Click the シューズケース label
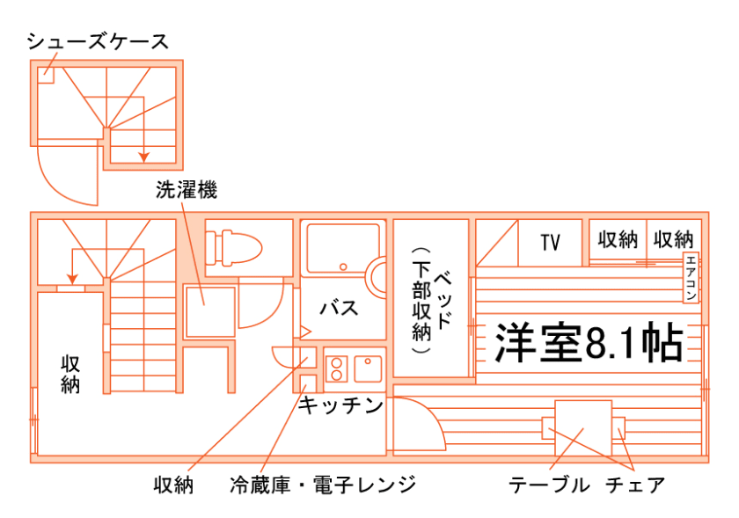coord(97,42)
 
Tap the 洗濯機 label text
coord(186,189)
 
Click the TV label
coord(551,242)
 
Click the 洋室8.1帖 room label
coord(589,343)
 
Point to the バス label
coord(339,308)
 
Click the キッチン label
coord(340,405)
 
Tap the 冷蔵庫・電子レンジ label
coord(322,485)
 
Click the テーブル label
coord(548,485)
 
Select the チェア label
coord(634,485)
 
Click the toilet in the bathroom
coord(235,246)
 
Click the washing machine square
coord(209,310)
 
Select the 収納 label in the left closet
coord(70,373)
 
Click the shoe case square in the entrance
coord(46,74)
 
